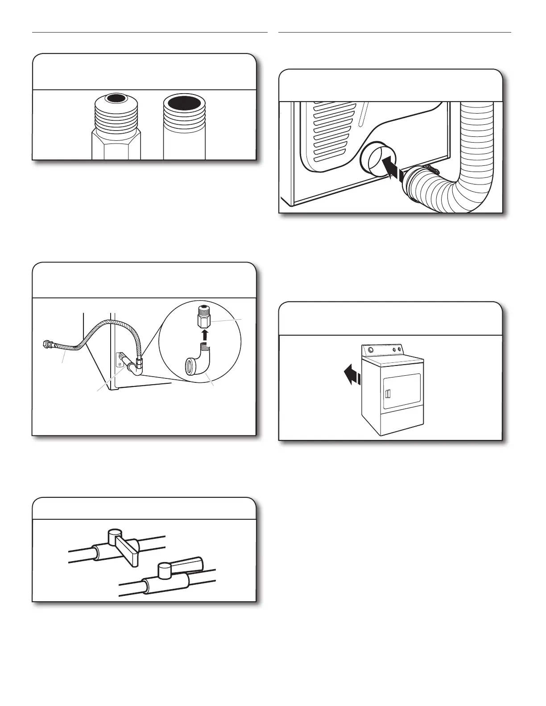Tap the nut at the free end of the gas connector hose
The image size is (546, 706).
46,344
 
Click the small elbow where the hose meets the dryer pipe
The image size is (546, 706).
139,368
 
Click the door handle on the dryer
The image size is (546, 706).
387,394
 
